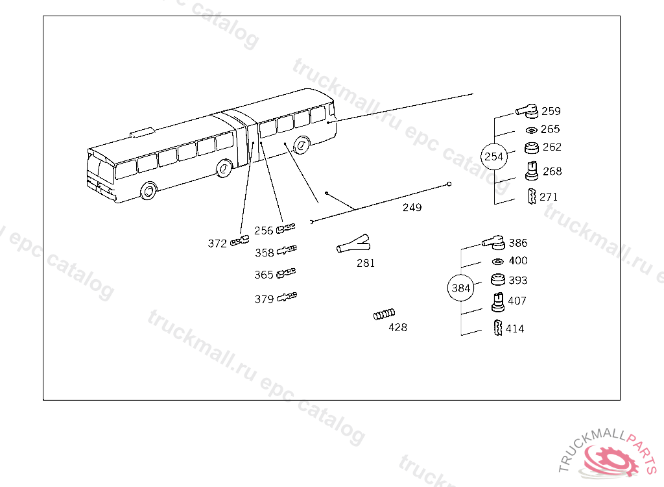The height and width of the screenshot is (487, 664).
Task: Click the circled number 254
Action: tap(493, 156)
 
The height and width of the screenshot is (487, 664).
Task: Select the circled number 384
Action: tap(461, 288)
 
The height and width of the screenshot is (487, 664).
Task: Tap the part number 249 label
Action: tap(412, 207)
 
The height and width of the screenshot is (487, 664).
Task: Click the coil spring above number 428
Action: tap(384, 314)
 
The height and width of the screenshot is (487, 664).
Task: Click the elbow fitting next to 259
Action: tap(527, 111)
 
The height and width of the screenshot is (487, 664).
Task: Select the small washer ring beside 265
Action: tap(532, 131)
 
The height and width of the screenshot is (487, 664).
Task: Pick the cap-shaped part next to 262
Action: tap(532, 147)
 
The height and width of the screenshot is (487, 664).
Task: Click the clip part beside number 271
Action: tap(532, 196)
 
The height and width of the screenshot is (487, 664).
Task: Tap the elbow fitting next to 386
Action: tap(493, 243)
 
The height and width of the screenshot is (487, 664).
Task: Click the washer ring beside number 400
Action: tap(497, 261)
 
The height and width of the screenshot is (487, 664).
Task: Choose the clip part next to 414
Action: tap(498, 328)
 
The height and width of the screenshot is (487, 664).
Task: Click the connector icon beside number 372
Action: tap(240, 242)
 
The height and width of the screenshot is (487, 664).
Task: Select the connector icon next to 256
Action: tap(285, 229)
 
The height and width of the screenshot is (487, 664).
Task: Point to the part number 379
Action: tap(265, 299)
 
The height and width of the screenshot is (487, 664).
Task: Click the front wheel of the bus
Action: tap(148, 190)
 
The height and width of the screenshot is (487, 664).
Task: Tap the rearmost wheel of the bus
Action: tap(301, 145)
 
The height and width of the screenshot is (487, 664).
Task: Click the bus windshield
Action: tap(101, 168)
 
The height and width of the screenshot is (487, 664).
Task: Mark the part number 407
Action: tap(517, 301)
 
